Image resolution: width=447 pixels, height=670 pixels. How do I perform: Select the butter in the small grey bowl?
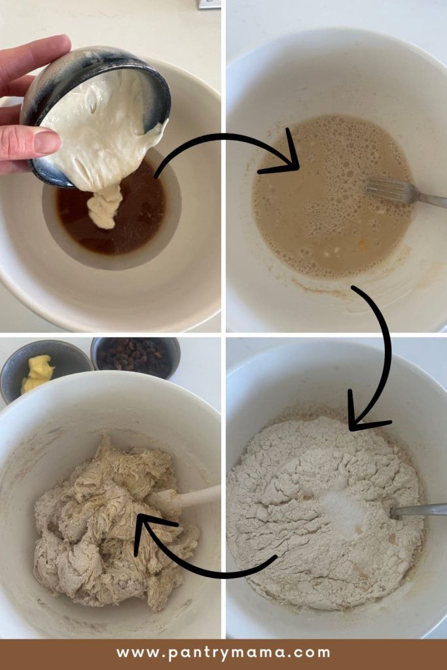(38, 373)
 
